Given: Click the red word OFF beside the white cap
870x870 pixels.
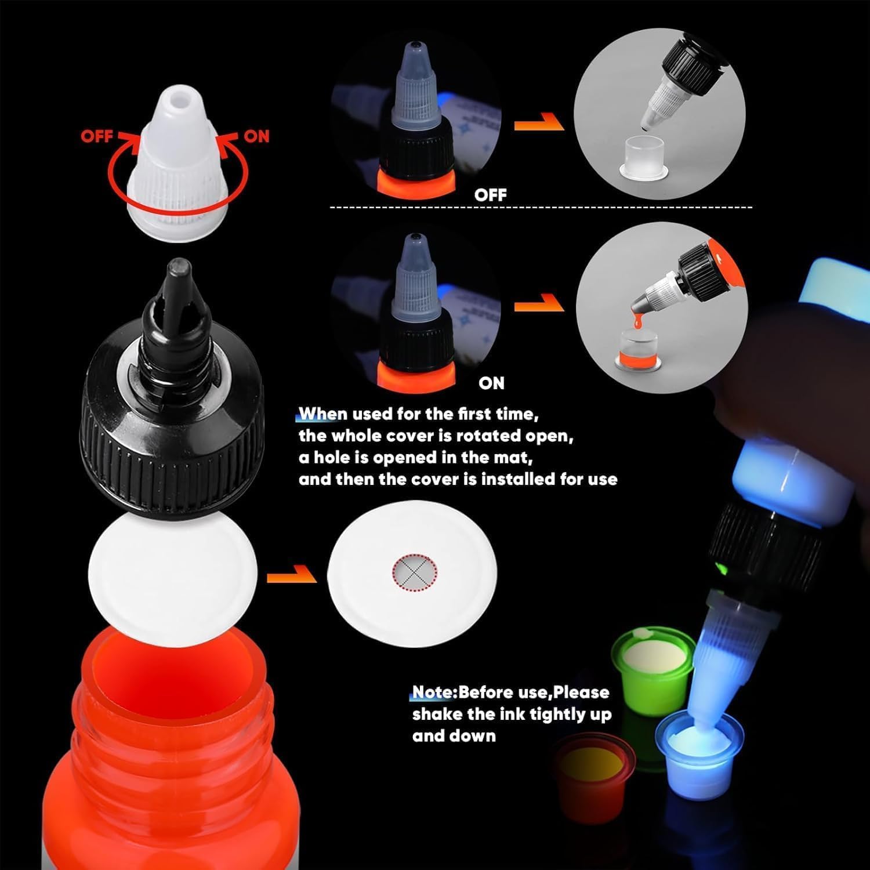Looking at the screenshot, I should pyautogui.click(x=96, y=137).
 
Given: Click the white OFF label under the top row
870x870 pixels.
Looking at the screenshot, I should pyautogui.click(x=490, y=195).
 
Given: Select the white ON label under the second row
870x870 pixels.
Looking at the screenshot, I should pyautogui.click(x=491, y=383).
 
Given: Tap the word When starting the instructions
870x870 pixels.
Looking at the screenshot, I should pyautogui.click(x=322, y=414).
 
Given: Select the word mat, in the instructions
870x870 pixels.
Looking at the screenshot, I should pyautogui.click(x=512, y=458).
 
